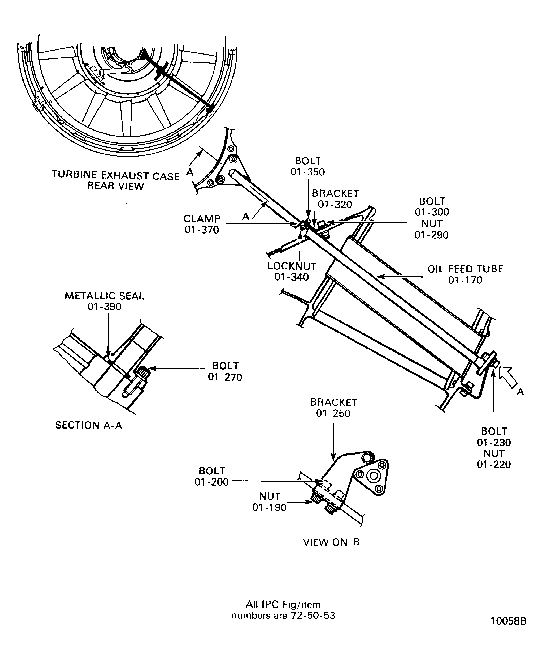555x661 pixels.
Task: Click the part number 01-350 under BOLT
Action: [x=307, y=172]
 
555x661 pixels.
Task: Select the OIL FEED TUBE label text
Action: [x=465, y=269]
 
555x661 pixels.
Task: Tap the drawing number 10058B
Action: [x=508, y=621]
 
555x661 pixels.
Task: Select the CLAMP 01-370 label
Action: [x=202, y=224]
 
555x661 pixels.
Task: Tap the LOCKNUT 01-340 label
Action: [x=292, y=271]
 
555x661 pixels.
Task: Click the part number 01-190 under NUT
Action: [x=269, y=508]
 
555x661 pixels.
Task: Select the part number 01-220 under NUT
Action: [x=494, y=465]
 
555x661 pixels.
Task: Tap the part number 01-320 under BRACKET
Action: [x=335, y=205]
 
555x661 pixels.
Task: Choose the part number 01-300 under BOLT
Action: [x=432, y=212]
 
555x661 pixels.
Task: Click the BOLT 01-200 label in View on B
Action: [x=211, y=476]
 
